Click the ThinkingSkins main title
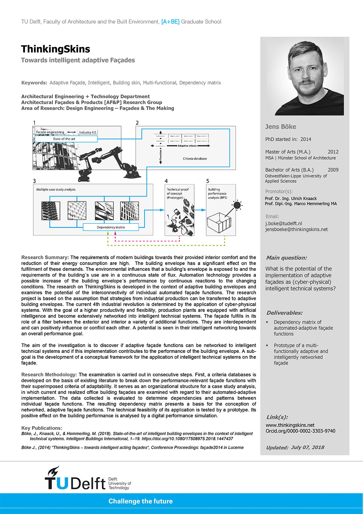56,49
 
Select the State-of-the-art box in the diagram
66,139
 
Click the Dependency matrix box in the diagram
111,227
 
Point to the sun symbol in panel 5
237,205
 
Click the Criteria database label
195,158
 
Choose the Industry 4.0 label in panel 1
87,132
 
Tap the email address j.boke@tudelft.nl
284,224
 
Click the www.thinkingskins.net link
290,425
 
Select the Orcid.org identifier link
300,431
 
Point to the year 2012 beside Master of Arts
333,152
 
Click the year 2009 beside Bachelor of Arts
333,170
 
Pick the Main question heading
286,258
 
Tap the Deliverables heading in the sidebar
284,313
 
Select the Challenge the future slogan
140,501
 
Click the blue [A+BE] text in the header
170,22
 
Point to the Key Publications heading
42,428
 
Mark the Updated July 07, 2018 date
295,447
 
